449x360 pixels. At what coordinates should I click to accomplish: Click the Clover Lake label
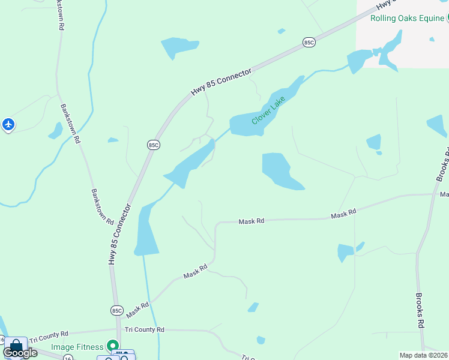click(x=268, y=110)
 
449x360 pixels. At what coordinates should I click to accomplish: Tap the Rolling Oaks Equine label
click(x=406, y=18)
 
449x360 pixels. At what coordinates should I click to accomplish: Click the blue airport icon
click(x=8, y=125)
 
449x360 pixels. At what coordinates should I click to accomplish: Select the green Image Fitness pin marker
click(x=112, y=346)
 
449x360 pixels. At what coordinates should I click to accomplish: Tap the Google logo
click(x=20, y=353)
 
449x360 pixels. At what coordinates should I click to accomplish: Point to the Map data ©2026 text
click(x=424, y=355)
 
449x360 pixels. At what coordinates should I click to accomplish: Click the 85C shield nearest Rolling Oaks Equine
click(x=309, y=42)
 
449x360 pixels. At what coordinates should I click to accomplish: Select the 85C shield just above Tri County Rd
click(x=116, y=310)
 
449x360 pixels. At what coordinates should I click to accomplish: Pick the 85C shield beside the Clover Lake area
click(x=153, y=145)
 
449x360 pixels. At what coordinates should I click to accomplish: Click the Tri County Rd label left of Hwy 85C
click(x=49, y=333)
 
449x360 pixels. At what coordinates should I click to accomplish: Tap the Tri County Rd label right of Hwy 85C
click(x=144, y=329)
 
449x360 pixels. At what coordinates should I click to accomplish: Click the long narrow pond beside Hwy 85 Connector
click(x=145, y=231)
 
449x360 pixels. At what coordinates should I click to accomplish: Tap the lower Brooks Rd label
click(x=420, y=310)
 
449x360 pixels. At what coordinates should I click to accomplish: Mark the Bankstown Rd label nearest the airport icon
click(x=69, y=124)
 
